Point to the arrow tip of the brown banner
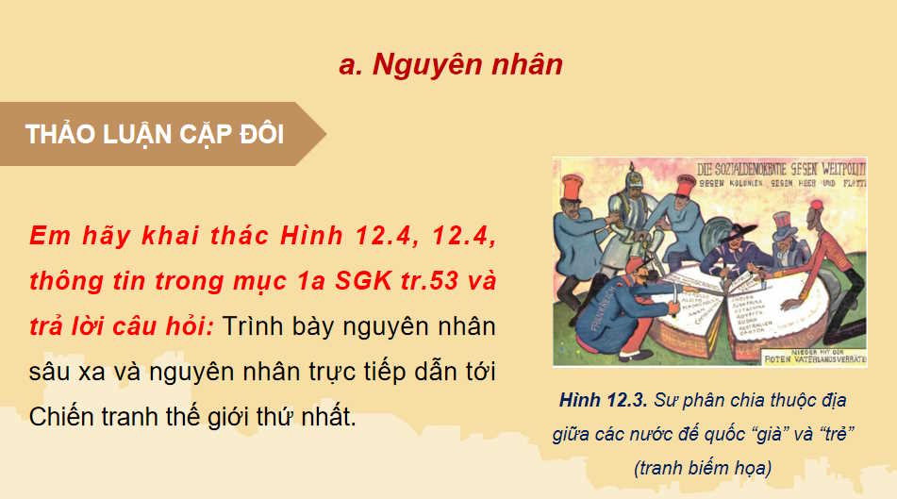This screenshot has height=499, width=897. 324,134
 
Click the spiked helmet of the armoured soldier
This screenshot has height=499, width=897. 625,179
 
